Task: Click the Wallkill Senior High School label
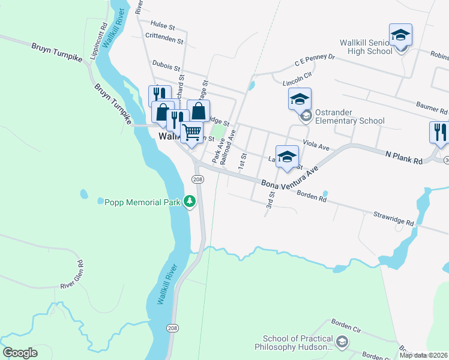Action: [366, 47]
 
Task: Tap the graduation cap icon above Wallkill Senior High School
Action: [400, 35]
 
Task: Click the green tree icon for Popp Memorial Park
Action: [190, 202]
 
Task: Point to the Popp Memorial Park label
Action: [142, 202]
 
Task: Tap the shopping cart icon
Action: [191, 132]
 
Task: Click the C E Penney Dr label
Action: [314, 61]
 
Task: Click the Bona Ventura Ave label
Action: [289, 178]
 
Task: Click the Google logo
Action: [20, 353]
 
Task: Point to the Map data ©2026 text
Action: [424, 355]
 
